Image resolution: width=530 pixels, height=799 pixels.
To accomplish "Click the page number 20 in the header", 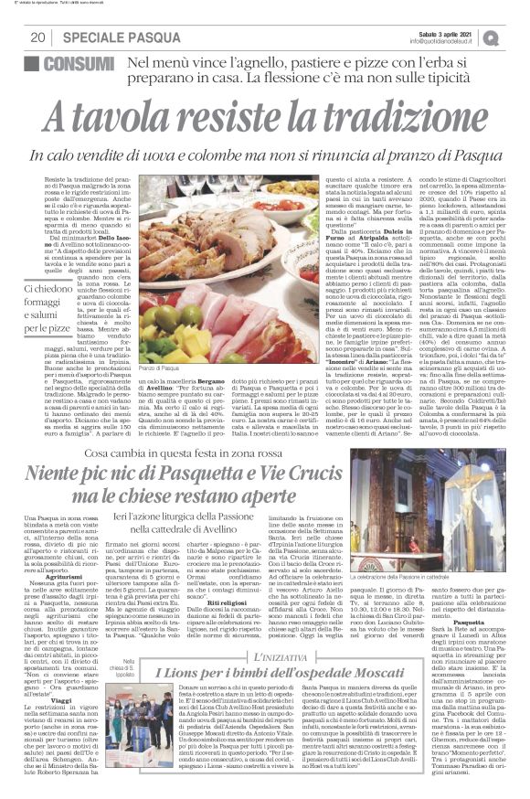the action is pyautogui.click(x=38, y=37).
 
